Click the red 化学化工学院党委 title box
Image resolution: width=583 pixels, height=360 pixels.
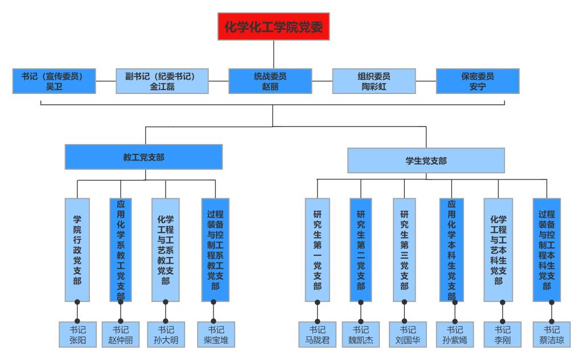(x=273, y=27)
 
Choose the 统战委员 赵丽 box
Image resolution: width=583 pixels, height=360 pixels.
(x=270, y=81)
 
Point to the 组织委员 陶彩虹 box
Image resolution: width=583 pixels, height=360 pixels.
(x=373, y=81)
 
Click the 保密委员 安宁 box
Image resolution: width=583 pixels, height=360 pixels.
(x=477, y=81)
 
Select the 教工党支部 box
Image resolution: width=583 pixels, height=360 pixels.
(x=143, y=157)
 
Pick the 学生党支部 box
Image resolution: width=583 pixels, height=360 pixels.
(x=426, y=161)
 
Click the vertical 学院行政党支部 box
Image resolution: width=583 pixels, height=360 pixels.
(x=77, y=249)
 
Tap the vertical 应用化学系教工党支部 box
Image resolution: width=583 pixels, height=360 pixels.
(x=121, y=249)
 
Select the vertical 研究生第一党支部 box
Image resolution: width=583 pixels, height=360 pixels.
(x=317, y=249)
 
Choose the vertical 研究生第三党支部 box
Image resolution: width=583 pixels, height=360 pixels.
(x=404, y=249)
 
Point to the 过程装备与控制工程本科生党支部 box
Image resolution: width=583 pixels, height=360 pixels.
(x=547, y=249)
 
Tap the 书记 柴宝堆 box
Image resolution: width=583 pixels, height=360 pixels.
(x=216, y=334)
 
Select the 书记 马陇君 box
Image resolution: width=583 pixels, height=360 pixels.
(x=317, y=334)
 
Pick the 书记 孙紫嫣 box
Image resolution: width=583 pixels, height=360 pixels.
(x=454, y=334)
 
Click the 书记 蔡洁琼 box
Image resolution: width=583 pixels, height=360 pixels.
(x=551, y=334)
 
